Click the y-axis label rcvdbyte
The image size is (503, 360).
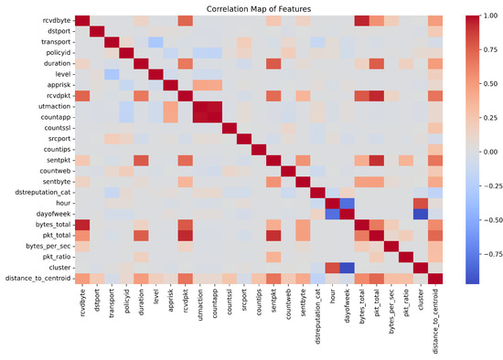point(52,22)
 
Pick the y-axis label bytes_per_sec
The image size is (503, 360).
point(44,242)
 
